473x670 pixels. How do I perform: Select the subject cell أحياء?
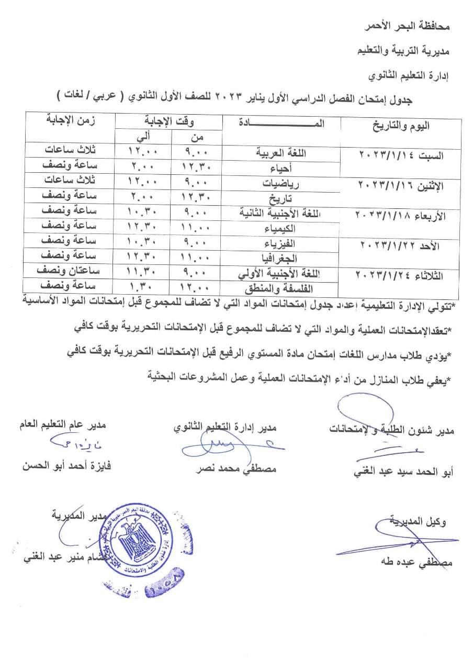click(290, 167)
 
